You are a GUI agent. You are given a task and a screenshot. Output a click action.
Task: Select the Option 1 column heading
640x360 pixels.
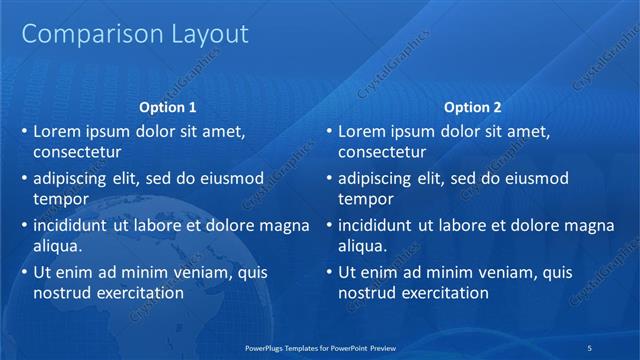pyautogui.click(x=168, y=107)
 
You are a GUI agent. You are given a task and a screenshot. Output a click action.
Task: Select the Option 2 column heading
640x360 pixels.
pyautogui.click(x=473, y=107)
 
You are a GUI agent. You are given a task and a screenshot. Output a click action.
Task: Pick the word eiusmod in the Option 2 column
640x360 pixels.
pyautogui.click(x=532, y=178)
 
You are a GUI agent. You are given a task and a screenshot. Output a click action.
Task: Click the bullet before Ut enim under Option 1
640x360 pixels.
pyautogui.click(x=23, y=272)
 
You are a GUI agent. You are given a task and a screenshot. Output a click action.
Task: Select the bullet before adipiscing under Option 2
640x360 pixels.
pyautogui.click(x=328, y=178)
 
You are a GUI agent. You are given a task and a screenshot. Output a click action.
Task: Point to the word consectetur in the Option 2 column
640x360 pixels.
pyautogui.click(x=382, y=152)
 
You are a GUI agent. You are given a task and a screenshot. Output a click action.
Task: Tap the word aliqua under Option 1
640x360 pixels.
pyautogui.click(x=58, y=246)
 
